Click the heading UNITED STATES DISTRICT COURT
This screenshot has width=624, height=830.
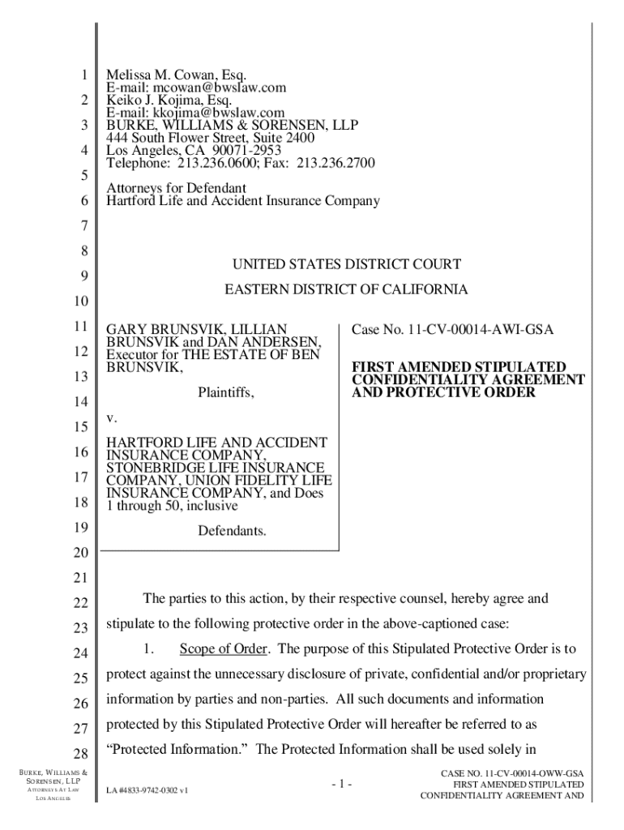coord(347,264)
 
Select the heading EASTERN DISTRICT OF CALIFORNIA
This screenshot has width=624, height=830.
coord(346,289)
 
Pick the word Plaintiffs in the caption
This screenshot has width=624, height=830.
coord(226,393)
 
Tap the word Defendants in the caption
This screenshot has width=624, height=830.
coord(232,532)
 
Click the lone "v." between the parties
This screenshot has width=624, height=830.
coord(113,418)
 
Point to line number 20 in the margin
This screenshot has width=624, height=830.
coord(79,554)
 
